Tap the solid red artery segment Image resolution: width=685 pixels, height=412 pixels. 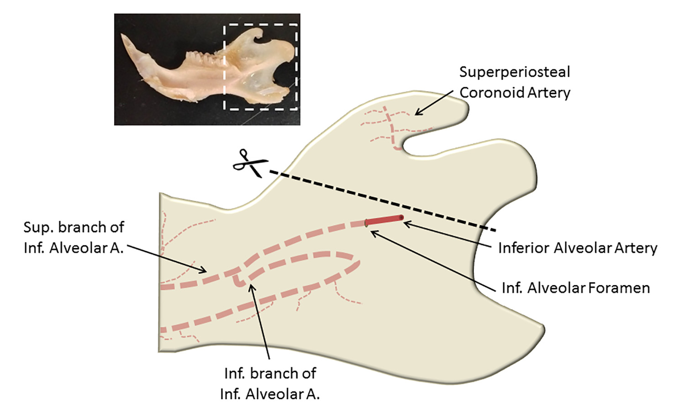[385, 220]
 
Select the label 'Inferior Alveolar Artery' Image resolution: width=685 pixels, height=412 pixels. [577, 248]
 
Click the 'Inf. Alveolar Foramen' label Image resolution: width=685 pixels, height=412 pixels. [575, 288]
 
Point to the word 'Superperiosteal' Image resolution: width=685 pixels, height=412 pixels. [515, 72]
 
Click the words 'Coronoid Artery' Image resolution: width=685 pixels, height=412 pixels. [515, 93]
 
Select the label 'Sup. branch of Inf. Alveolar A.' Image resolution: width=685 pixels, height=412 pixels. [74, 237]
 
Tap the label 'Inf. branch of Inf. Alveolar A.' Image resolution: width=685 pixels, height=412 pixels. [270, 383]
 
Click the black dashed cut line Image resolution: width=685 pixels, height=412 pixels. [384, 200]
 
